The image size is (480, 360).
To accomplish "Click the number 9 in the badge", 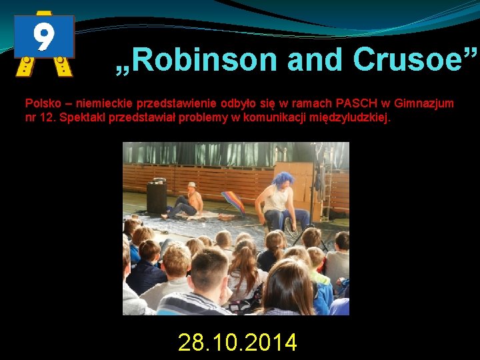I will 44,37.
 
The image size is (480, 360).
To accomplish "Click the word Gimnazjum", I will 425,103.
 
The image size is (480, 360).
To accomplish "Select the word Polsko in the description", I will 44,103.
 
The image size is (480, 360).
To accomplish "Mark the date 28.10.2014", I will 237,343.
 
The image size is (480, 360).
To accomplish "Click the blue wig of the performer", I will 282,179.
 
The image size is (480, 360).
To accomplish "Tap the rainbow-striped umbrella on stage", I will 233,201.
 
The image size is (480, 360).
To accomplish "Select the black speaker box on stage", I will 157,197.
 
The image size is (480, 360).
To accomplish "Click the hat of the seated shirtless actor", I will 191,185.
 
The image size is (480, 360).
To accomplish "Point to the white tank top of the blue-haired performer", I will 278,200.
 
